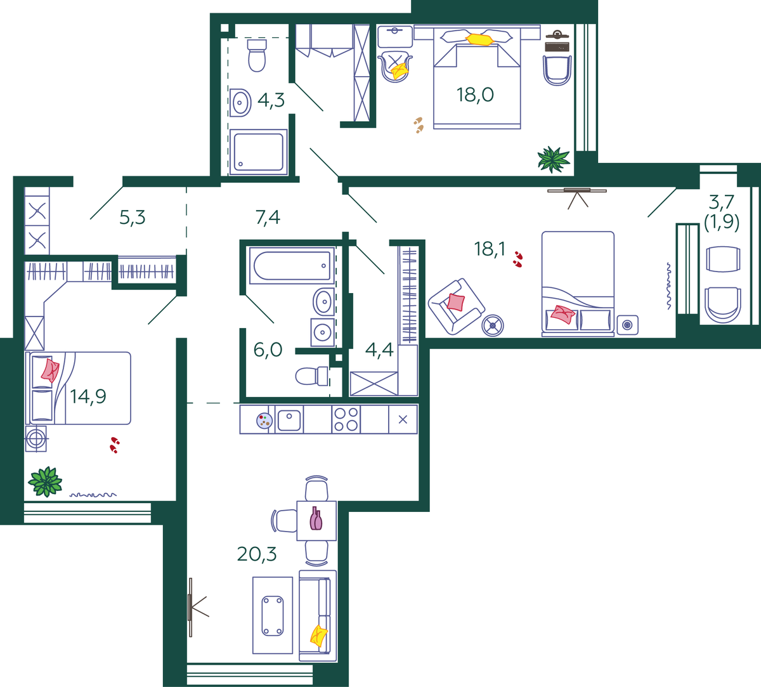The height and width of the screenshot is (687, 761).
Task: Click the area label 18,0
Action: coord(475,95)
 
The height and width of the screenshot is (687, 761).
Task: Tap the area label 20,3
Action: coord(257,554)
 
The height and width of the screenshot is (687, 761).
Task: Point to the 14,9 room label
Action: coord(88,396)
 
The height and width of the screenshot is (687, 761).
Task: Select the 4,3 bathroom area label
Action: coord(271,100)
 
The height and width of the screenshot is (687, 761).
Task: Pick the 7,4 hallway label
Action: coord(268,218)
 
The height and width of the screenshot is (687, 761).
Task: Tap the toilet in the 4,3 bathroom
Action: coord(257,55)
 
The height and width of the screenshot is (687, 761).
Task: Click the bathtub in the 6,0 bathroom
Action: coord(292,266)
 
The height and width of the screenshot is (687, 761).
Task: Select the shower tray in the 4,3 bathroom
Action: coord(258,152)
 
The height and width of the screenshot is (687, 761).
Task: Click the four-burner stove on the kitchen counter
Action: coord(346,419)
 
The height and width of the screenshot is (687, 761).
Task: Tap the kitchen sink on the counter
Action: coord(289,419)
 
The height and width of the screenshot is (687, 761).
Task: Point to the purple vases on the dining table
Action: coord(316,518)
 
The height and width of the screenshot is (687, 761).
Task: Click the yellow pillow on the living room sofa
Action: coord(318,636)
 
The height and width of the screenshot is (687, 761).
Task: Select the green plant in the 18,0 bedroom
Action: coord(554,159)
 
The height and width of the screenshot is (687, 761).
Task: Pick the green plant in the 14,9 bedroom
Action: coord(45,481)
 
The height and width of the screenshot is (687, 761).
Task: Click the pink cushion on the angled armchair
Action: coord(456,302)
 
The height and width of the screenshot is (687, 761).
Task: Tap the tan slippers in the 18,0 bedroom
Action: coord(419,125)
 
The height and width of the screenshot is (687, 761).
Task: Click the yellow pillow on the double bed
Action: coord(479,39)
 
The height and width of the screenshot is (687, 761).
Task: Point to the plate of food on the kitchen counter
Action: coord(264,421)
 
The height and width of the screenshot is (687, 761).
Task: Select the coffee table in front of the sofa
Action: coord(273,616)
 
